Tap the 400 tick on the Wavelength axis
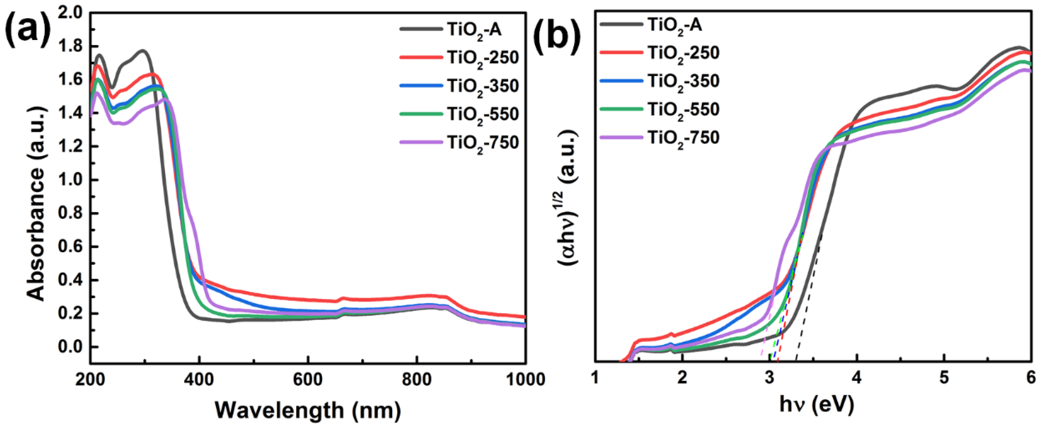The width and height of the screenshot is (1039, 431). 199,380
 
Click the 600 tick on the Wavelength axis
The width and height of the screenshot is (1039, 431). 308,380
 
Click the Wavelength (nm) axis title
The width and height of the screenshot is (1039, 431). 308,411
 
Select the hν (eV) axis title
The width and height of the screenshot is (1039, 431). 816,405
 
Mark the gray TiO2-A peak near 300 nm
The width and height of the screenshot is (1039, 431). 142,51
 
